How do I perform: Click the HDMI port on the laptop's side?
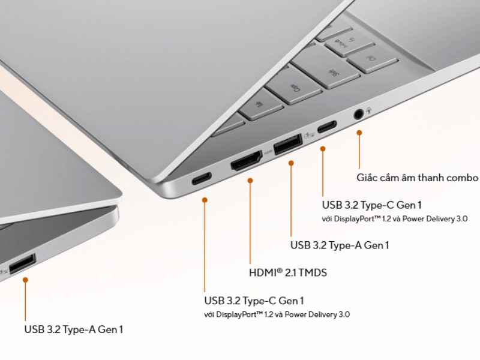pos(247,160)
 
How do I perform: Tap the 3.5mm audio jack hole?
pos(358,115)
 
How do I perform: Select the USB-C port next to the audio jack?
pos(327,127)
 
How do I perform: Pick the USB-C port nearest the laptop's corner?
pos(202,179)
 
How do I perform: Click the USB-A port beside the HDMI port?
pos(289,144)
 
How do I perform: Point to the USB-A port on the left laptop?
pos(22,263)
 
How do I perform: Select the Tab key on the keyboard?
pos(261,105)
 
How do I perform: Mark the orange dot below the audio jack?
pos(359,133)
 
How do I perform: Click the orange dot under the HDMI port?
pos(250,181)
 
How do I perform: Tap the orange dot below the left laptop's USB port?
pos(26,280)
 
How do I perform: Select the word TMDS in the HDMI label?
pos(313,272)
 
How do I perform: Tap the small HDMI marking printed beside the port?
pos(268,152)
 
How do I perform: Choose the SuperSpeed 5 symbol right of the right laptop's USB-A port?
pos(310,134)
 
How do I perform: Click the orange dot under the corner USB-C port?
pos(205,200)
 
